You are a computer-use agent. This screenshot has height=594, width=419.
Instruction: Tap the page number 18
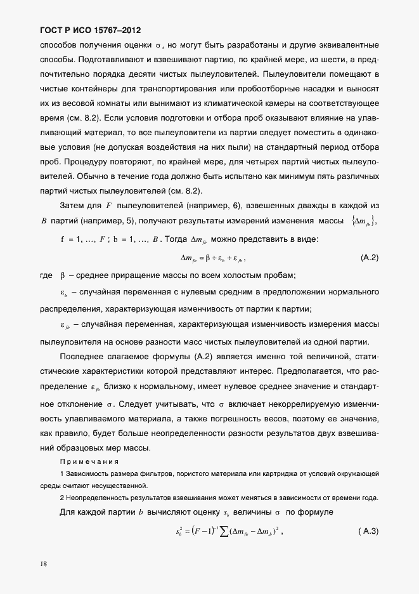click(x=44, y=563)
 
